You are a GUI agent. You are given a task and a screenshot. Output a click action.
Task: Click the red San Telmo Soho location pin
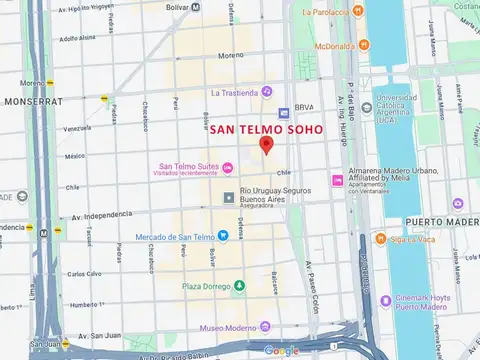pos(266,145)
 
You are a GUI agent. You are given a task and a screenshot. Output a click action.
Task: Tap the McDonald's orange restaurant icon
pos(363,46)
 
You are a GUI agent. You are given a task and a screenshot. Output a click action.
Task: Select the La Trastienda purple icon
pos(267,92)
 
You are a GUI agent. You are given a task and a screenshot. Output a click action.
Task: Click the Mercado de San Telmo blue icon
pos(224,236)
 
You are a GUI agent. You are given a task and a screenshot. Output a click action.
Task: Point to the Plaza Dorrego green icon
pos(238,286)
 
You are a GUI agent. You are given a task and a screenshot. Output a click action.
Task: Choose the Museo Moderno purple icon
pos(265,327)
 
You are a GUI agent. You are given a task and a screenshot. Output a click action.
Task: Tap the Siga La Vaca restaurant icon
pos(380,239)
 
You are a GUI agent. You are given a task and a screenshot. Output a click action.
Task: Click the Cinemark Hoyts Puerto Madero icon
pos(386,300)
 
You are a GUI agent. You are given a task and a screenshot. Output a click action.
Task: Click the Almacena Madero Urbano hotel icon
pos(337,180)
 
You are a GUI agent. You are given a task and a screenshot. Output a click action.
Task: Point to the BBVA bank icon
pos(284,114)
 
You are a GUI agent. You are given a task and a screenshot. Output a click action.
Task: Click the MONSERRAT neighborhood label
pos(32,102)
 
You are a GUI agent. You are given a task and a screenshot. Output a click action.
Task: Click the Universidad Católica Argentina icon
pos(365,103)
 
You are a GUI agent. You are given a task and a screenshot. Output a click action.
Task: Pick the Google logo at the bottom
pos(281,350)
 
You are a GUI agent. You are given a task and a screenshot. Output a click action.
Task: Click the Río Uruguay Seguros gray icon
pos(229,197)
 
